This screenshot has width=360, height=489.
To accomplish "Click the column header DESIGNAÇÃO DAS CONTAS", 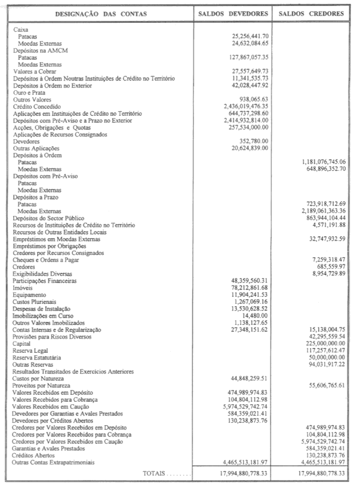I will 101,13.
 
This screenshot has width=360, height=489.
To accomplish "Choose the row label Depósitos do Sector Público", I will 50,219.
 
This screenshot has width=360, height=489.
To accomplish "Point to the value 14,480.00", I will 256,316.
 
